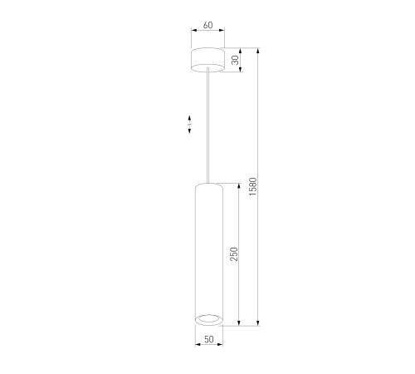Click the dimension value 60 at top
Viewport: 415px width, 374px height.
coord(208,25)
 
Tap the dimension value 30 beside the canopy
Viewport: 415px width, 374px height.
coord(235,60)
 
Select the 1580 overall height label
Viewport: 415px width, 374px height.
coord(253,187)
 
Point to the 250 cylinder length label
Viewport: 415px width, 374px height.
coord(234,254)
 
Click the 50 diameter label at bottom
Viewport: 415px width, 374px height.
coord(209,339)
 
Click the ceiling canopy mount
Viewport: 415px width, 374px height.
coord(208,60)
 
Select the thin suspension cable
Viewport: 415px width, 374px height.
coord(208,125)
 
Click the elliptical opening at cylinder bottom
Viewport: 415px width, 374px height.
coord(209,320)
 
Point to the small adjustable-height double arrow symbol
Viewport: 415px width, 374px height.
coord(189,125)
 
